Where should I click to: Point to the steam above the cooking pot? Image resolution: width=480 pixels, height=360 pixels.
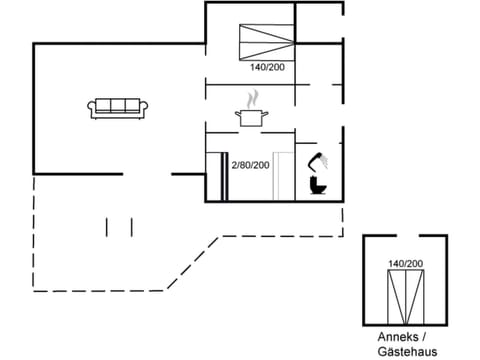tap(253, 98)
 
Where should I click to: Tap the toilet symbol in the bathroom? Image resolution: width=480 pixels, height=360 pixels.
tap(318, 187)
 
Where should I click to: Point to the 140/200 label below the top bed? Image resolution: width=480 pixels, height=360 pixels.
tap(268, 67)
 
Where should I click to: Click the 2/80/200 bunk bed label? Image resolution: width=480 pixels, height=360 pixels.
tap(250, 164)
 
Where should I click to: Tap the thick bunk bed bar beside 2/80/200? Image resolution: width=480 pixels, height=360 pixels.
tap(220, 176)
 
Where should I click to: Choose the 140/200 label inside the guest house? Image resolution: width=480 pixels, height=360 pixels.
tap(405, 263)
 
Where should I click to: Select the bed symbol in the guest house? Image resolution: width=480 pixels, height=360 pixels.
tap(405, 293)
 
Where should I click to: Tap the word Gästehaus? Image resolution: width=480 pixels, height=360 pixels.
tap(404, 351)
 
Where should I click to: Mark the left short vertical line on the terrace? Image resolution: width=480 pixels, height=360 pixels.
tap(107, 227)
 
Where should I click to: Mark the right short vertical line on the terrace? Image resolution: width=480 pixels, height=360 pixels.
tap(131, 227)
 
